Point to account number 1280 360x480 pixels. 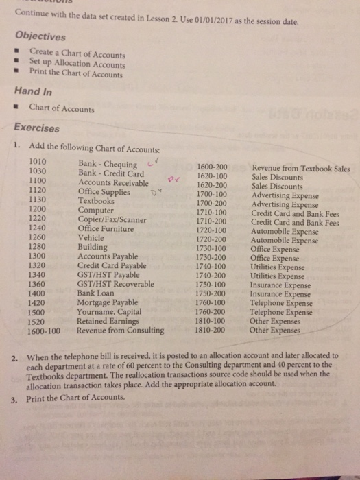[38, 247]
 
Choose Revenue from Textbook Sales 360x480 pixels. [300, 169]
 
